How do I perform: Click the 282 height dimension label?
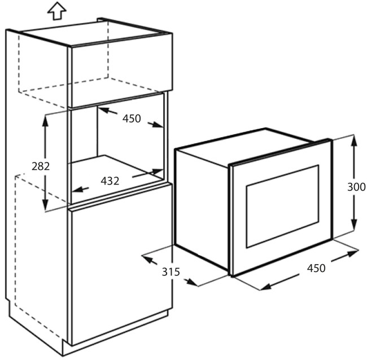point(41,166)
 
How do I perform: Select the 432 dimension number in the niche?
point(110,181)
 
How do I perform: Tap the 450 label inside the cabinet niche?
point(132,118)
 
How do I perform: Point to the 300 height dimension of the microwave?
point(356,187)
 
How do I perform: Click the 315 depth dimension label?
point(171,272)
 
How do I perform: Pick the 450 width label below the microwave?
point(316,268)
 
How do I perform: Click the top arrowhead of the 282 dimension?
point(45,120)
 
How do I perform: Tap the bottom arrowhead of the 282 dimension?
point(45,205)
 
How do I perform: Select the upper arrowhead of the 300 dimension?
point(355,141)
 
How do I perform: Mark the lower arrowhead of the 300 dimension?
point(355,225)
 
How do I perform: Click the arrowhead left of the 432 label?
point(77,190)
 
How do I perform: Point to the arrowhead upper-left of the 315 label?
point(148,258)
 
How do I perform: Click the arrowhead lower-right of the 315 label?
point(193,282)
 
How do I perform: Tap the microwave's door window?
point(282,207)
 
